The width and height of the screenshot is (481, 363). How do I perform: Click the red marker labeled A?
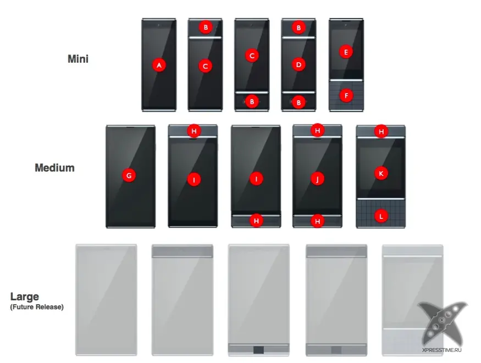159,65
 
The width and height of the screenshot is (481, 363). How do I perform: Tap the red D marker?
298,65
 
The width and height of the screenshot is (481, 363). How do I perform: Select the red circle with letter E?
346,52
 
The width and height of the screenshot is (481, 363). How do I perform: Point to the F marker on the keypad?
346,96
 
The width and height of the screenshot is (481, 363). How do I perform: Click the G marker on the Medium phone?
129,175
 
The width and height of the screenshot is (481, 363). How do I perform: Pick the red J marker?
318,179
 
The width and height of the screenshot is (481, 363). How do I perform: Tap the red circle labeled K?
381,173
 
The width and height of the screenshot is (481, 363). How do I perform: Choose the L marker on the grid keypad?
381,216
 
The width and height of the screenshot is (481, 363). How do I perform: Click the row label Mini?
78,59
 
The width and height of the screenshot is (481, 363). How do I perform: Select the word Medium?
54,168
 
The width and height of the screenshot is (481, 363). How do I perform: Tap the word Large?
25,296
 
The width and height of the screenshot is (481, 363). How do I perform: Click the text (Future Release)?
37,307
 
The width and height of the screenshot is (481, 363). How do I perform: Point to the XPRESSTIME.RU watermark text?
441,350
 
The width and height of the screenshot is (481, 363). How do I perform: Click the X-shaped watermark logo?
442,324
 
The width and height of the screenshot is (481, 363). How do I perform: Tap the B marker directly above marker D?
298,28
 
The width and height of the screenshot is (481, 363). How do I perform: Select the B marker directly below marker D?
298,102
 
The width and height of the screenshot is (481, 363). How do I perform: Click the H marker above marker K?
381,131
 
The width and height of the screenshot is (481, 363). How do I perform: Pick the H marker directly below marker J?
318,221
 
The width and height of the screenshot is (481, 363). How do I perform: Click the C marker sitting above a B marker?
252,56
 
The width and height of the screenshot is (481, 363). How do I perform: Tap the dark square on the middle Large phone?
258,350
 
